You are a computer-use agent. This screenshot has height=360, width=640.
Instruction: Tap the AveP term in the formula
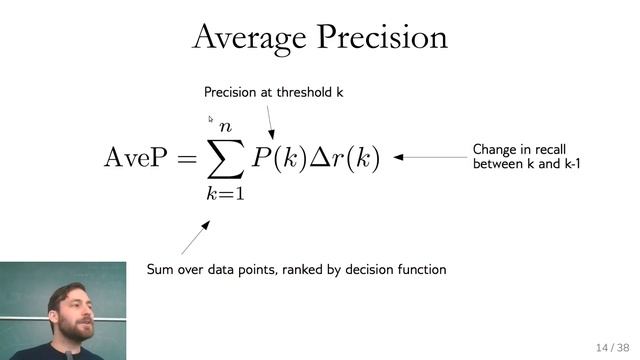(137, 158)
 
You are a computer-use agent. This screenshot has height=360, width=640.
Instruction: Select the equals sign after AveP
(186, 159)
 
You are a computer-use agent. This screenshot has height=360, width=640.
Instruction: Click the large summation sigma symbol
(225, 158)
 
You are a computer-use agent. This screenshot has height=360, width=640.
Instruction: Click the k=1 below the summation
(225, 194)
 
